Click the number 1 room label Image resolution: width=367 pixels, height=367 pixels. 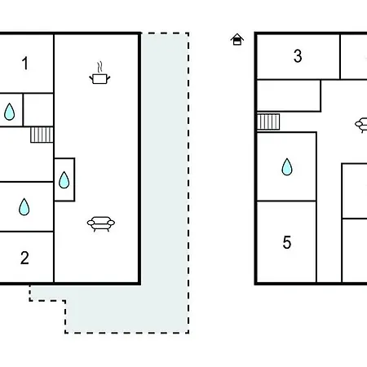[x=25, y=63]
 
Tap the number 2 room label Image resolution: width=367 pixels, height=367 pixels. [x=24, y=258]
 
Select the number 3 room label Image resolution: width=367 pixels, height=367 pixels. [x=298, y=56]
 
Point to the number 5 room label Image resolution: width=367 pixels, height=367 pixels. [x=287, y=242]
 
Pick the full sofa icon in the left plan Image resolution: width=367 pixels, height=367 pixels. [x=101, y=223]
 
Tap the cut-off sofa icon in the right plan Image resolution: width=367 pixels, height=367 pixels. [x=361, y=125]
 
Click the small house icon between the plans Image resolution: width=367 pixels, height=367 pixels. [x=237, y=39]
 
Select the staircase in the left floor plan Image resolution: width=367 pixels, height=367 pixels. [x=42, y=135]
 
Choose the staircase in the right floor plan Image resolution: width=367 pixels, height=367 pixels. [x=268, y=122]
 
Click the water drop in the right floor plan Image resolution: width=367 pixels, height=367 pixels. [x=287, y=166]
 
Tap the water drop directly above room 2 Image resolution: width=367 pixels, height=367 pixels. [x=24, y=207]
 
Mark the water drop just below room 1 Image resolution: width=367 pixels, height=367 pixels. [x=10, y=112]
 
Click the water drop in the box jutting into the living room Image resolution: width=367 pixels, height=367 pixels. [x=64, y=179]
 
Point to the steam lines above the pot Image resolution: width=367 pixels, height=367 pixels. [x=100, y=67]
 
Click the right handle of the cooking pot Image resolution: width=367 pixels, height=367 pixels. [x=108, y=78]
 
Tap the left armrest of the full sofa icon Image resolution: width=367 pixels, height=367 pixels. [x=91, y=223]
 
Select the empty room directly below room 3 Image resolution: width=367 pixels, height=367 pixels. [x=289, y=95]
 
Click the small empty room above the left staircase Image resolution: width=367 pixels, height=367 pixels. [x=38, y=110]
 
